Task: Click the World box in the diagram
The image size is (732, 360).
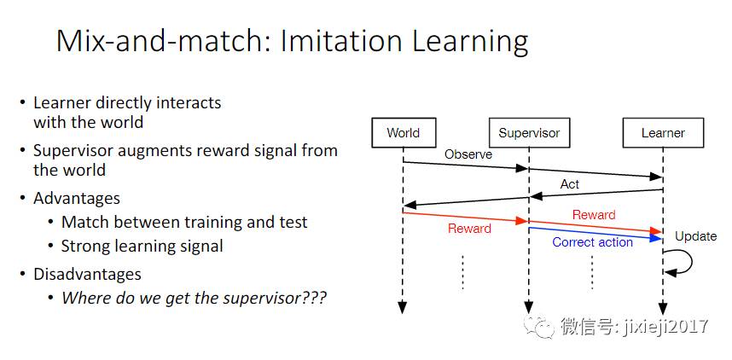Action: click(x=403, y=132)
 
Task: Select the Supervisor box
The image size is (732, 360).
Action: click(x=529, y=132)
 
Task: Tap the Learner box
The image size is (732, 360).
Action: click(x=663, y=132)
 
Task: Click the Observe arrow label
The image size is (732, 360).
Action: click(x=468, y=154)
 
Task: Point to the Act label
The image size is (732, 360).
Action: click(x=569, y=183)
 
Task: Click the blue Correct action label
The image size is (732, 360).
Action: click(x=592, y=242)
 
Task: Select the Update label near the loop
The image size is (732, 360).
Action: click(x=695, y=235)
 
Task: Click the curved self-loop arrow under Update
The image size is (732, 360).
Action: click(x=681, y=263)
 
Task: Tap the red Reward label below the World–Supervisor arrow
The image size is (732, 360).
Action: click(x=469, y=229)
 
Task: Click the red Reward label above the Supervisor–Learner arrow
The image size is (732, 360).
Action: click(x=594, y=214)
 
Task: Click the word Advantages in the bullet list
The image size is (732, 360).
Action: click(x=77, y=198)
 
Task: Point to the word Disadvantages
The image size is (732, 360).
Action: click(x=87, y=274)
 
